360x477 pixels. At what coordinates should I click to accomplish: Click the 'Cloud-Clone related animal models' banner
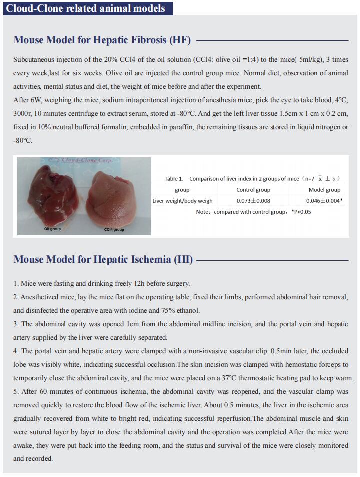coord(88,8)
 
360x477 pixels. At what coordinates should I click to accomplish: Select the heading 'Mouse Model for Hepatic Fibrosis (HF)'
coord(102,40)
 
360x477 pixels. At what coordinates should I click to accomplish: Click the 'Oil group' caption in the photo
coord(52,229)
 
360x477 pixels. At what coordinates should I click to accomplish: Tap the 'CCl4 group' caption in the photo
coord(114,229)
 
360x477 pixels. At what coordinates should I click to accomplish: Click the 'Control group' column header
coord(253,190)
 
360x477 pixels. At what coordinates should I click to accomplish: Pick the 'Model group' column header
coord(324,190)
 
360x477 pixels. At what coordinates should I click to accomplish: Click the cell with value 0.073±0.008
coord(253,201)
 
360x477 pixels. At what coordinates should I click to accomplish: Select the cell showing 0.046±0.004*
coord(324,201)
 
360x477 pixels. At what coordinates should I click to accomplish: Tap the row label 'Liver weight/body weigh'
coord(182,201)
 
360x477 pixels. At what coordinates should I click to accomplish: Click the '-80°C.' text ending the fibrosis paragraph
coord(23,141)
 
